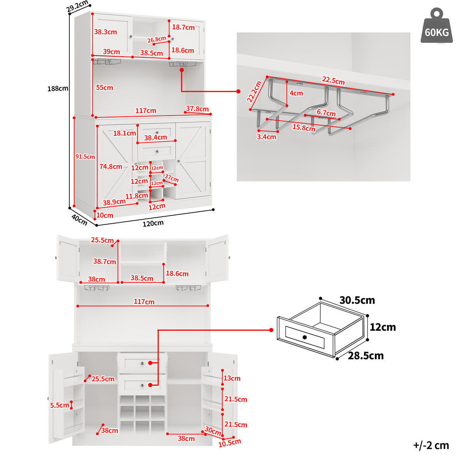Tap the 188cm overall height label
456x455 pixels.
click(58, 89)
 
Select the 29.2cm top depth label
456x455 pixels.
click(77, 6)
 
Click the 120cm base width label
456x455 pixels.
click(153, 223)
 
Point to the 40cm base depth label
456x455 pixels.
click(79, 220)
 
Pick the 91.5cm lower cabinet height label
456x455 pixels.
click(85, 157)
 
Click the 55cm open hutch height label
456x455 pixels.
click(104, 87)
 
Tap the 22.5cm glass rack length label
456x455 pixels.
click(333, 81)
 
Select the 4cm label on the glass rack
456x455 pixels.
click(296, 93)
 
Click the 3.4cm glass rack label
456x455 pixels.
click(266, 136)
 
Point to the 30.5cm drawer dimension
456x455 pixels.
click(357, 300)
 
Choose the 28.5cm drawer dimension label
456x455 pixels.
click(365, 355)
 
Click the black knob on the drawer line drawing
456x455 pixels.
click(304, 337)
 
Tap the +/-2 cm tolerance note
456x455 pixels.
click(431, 445)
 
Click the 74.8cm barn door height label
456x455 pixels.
click(111, 166)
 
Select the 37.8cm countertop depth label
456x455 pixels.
click(197, 109)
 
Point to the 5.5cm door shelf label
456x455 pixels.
click(59, 405)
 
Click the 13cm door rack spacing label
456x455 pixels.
click(232, 378)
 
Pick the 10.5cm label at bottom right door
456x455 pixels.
click(229, 442)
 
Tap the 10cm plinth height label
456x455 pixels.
click(105, 215)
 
